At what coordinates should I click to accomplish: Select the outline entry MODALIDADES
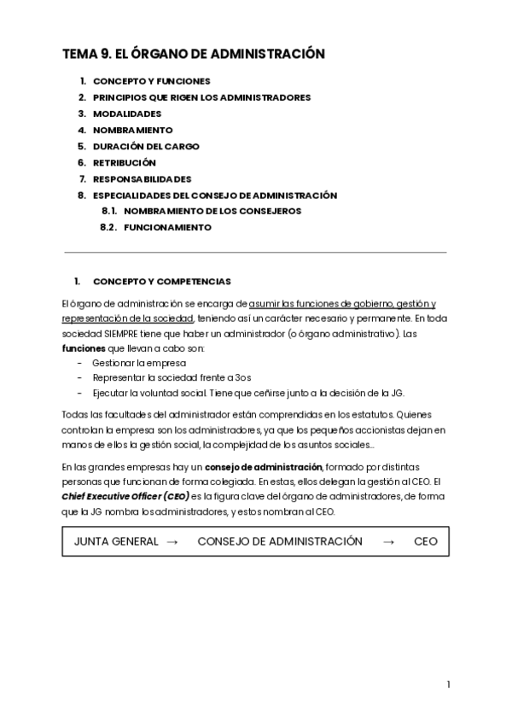[x=126, y=114]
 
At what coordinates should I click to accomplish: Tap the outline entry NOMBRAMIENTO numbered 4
[x=132, y=130]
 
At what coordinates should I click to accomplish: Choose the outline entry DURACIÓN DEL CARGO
[x=146, y=146]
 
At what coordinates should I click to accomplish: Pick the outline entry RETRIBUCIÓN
[x=125, y=162]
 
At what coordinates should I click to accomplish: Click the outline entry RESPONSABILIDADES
[x=142, y=179]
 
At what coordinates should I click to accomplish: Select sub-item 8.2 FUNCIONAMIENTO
[x=167, y=228]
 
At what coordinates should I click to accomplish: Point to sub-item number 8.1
[x=108, y=211]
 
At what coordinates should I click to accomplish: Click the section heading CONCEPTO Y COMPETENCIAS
[x=161, y=281]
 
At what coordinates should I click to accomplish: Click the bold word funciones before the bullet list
[x=82, y=348]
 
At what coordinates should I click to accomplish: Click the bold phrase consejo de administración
[x=264, y=467]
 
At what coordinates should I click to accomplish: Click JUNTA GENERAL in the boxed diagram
[x=116, y=541]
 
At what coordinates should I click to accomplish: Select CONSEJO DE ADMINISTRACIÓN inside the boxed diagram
[x=279, y=541]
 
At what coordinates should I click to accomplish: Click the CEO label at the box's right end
[x=425, y=541]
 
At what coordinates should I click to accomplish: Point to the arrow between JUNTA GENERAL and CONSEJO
[x=172, y=541]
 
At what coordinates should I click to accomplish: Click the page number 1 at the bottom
[x=448, y=684]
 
